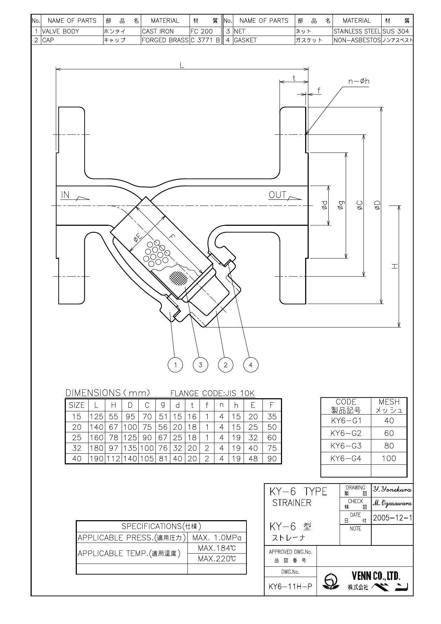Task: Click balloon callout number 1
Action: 175,365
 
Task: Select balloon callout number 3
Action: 201,365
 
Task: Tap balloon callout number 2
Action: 225,365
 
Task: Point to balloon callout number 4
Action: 251,365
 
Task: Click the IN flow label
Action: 65,195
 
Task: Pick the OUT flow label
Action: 277,195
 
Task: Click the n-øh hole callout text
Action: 358,81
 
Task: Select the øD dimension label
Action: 377,205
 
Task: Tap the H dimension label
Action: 394,266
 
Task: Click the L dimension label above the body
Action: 182,65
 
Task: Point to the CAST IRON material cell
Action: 158,31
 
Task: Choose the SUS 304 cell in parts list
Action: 395,31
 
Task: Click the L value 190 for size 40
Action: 96,459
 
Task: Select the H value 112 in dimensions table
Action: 113,459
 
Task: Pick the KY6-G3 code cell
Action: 346,446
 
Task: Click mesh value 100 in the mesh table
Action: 389,459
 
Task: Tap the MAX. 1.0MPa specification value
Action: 217,537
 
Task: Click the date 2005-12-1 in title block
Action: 392,518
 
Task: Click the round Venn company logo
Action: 331,581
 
